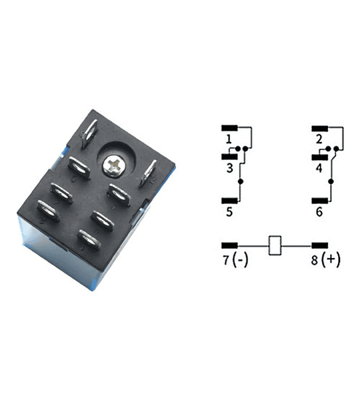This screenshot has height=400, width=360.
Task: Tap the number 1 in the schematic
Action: pos(229,139)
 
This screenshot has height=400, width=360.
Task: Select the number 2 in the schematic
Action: pos(319,139)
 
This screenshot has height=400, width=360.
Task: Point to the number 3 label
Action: pos(229,168)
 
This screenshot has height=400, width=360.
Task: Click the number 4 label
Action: pos(319,168)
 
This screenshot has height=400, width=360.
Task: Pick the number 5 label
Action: pos(229,212)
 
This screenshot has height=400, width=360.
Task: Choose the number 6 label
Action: pos(319,212)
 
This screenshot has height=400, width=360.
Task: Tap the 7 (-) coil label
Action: pos(235,260)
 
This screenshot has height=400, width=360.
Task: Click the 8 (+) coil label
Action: pos(325,260)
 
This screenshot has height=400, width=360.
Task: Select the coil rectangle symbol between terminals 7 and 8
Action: pos(275,245)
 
